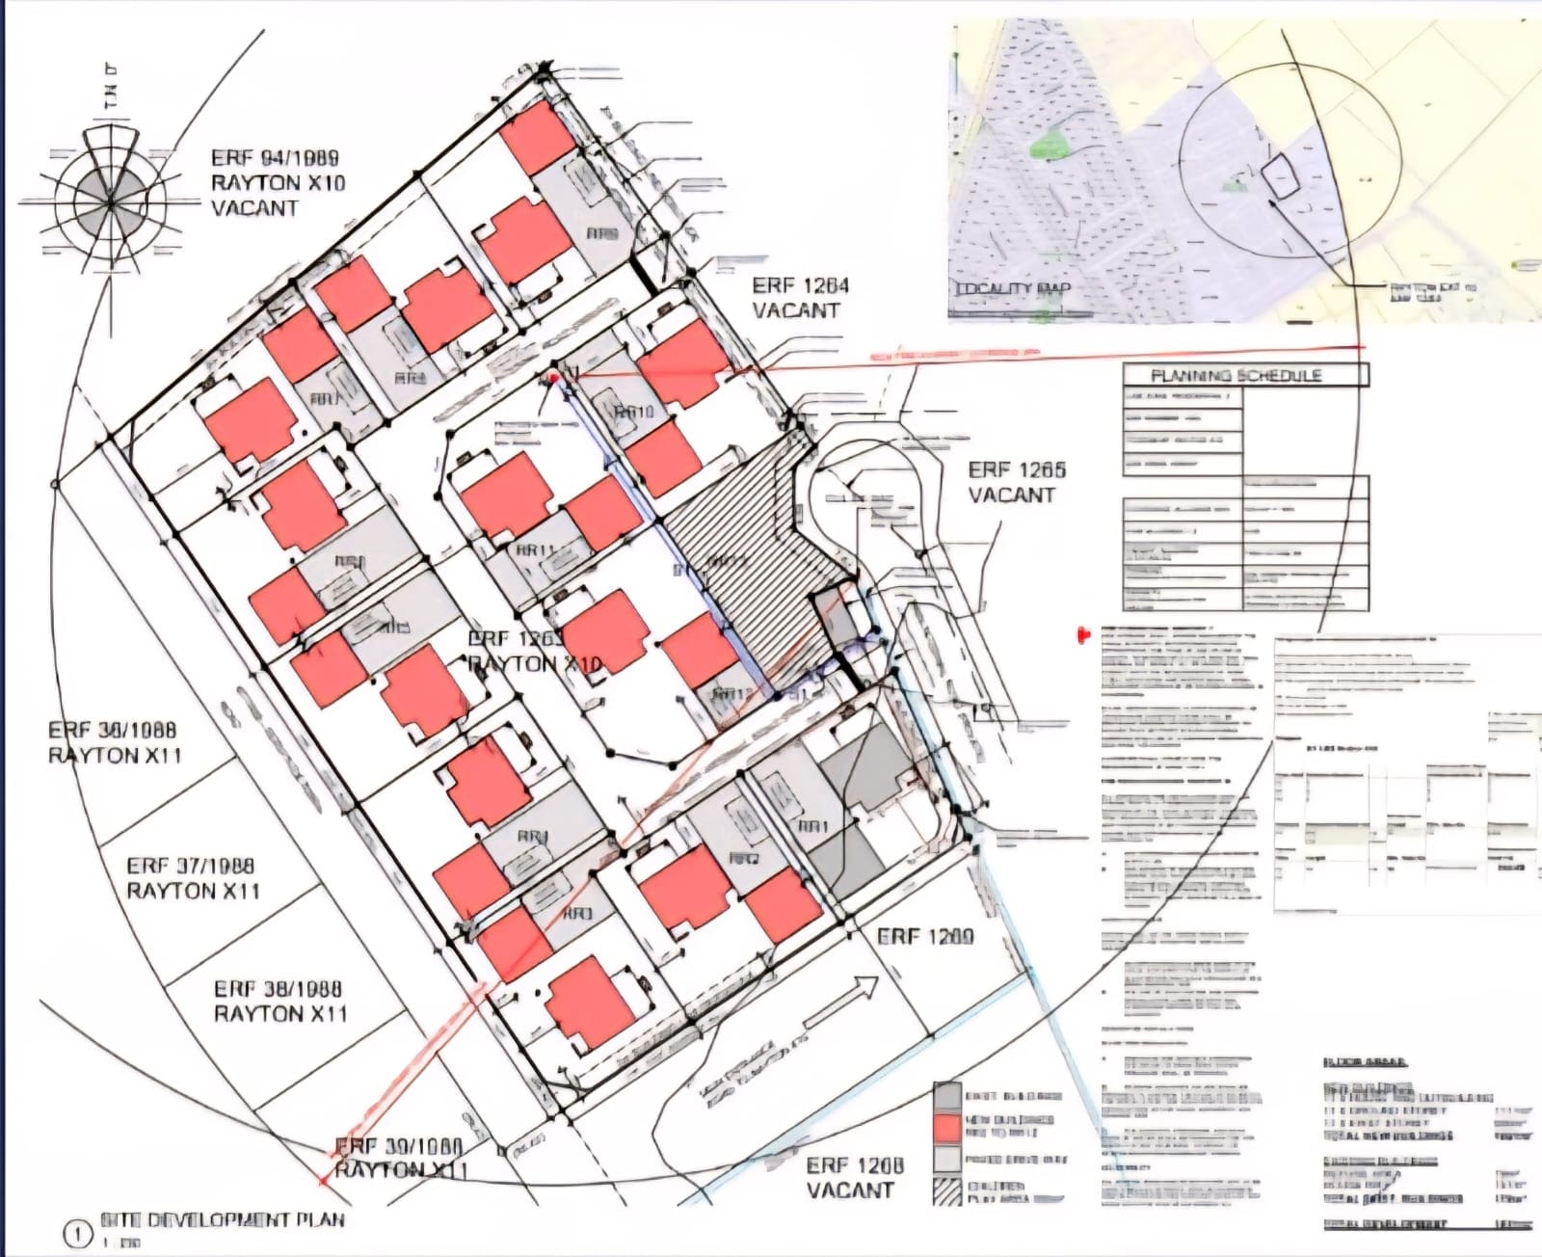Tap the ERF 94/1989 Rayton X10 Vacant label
point(277,182)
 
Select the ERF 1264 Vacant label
point(800,298)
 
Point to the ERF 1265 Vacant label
point(1016,482)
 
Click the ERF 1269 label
point(925,936)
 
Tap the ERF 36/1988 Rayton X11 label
point(114,742)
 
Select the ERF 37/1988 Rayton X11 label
point(193,878)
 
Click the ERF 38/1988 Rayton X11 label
point(279,1001)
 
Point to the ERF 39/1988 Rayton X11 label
point(399,1158)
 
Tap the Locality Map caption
point(1012,288)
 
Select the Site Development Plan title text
point(223,1220)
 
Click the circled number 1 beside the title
point(78,1235)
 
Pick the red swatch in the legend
point(947,1127)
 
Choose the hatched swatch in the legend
point(947,1191)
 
